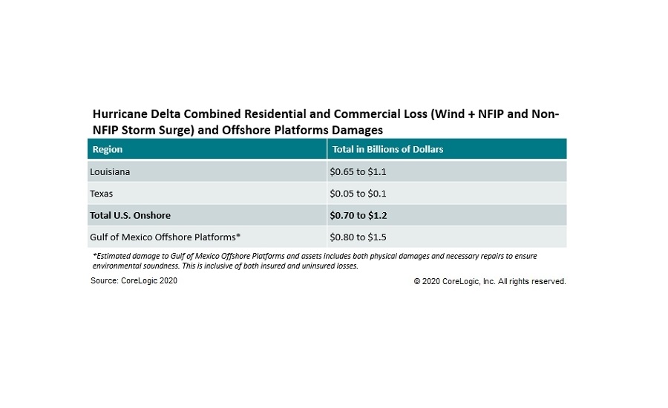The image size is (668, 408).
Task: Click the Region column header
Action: click(x=107, y=149)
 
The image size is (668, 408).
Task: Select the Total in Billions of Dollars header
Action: click(x=387, y=149)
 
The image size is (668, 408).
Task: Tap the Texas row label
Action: click(x=103, y=194)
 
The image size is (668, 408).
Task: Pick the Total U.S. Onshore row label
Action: click(x=131, y=215)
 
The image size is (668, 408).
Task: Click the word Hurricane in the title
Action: click(x=119, y=115)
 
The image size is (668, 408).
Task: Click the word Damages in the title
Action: click(x=357, y=130)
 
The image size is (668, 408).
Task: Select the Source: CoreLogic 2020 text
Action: click(x=134, y=281)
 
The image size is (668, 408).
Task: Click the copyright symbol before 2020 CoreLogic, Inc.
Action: click(x=418, y=282)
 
